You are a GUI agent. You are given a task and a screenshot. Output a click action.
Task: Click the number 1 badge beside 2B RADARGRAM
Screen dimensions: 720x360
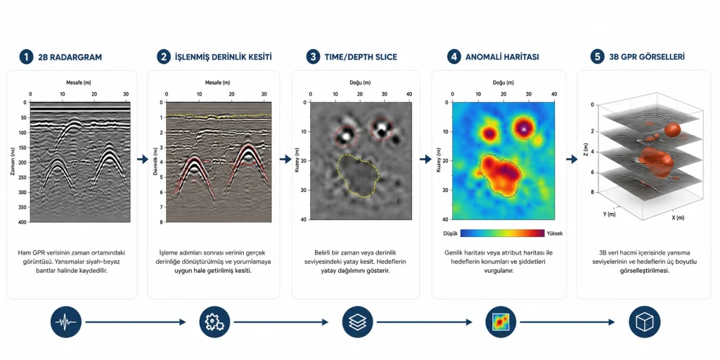(x=26, y=58)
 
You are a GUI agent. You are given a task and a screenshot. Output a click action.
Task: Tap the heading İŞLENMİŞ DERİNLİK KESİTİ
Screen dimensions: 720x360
(x=223, y=58)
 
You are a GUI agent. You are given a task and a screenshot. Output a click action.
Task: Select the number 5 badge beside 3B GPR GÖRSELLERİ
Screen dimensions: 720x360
(x=597, y=58)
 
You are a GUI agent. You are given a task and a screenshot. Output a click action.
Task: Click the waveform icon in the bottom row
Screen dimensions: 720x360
(x=66, y=322)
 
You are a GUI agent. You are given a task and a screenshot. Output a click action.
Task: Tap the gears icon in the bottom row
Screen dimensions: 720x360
(x=214, y=322)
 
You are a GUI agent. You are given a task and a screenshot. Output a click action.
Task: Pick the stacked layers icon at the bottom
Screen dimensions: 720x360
(x=358, y=322)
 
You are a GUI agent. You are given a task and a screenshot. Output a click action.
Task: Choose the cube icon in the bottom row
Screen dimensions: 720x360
(x=644, y=322)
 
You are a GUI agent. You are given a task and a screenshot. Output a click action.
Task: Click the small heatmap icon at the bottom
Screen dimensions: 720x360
(x=501, y=322)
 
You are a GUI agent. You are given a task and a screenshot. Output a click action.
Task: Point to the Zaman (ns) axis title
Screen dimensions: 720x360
(x=12, y=162)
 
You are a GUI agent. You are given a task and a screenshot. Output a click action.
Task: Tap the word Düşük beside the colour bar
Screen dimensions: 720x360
(x=451, y=233)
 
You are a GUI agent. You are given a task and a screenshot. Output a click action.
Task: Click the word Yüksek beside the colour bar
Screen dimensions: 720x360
(x=554, y=233)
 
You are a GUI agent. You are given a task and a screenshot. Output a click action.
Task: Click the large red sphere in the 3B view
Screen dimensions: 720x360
(x=673, y=129)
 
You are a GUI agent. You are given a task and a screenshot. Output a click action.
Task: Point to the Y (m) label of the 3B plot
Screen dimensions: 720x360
(x=609, y=214)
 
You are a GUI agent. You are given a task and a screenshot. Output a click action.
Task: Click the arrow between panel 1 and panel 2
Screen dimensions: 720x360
(x=142, y=160)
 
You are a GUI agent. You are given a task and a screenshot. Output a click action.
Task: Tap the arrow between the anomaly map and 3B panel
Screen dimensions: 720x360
(x=572, y=160)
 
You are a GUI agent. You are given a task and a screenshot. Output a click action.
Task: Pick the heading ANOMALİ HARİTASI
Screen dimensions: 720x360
(x=502, y=58)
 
